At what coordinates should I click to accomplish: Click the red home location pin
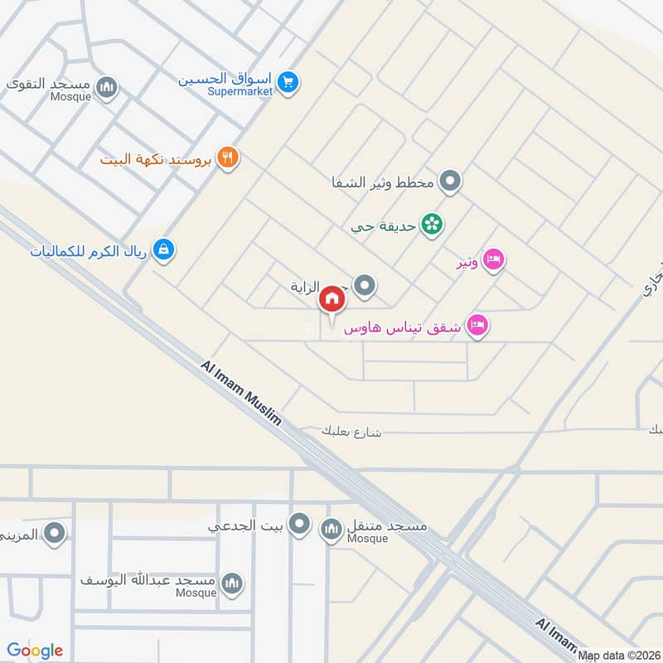click(331, 299)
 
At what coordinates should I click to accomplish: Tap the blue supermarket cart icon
click(288, 82)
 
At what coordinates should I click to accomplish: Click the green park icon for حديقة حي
click(431, 225)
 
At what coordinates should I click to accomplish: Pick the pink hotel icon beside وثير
click(494, 260)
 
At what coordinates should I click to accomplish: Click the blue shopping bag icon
click(164, 249)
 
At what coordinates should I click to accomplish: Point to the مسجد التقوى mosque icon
click(107, 87)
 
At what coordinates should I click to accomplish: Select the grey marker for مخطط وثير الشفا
click(450, 180)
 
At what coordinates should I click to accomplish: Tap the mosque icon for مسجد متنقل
click(331, 528)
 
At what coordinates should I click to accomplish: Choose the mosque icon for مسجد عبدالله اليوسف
click(233, 584)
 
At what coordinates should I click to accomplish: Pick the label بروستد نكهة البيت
click(157, 157)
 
